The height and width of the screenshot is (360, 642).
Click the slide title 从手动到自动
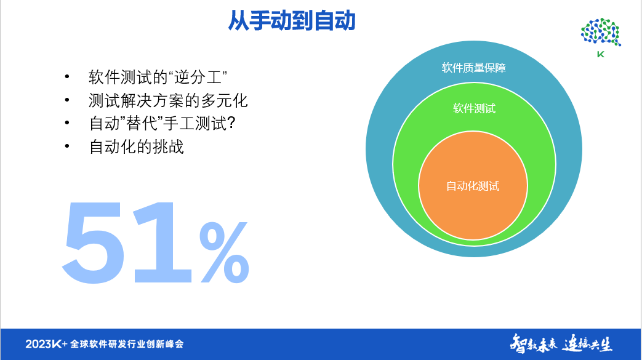pyautogui.click(x=292, y=20)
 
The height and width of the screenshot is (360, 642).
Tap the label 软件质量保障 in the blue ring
pyautogui.click(x=474, y=68)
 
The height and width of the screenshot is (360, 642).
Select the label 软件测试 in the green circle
pyautogui.click(x=474, y=109)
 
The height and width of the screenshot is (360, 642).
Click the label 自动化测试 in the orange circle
pyautogui.click(x=473, y=186)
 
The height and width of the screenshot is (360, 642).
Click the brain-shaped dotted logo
pyautogui.click(x=601, y=32)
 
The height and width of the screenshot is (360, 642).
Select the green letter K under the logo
pyautogui.click(x=601, y=54)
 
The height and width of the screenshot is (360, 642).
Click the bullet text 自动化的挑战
pyautogui.click(x=137, y=147)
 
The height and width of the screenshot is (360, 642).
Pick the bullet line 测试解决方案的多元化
pyautogui.click(x=168, y=100)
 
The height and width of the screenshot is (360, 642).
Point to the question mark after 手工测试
pyautogui.click(x=231, y=124)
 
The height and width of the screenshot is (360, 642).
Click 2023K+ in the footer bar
pyautogui.click(x=46, y=343)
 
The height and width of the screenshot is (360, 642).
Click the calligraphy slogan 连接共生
pyautogui.click(x=587, y=343)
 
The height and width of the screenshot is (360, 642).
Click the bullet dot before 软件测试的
pyautogui.click(x=66, y=78)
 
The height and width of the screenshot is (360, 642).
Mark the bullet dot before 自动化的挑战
pyautogui.click(x=66, y=147)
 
